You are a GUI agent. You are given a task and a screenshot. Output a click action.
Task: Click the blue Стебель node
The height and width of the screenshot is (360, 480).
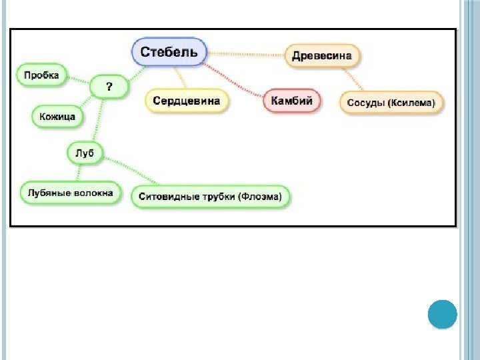(169, 52)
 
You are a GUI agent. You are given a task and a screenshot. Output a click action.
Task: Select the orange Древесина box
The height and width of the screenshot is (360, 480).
(322, 57)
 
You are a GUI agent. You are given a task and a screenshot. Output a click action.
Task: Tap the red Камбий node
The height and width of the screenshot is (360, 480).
(291, 102)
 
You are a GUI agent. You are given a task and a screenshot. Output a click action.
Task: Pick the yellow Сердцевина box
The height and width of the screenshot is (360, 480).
(187, 101)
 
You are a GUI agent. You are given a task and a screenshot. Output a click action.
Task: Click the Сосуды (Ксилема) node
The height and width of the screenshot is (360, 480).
(392, 103)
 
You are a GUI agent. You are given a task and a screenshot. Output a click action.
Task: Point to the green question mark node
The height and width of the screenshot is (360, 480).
(109, 86)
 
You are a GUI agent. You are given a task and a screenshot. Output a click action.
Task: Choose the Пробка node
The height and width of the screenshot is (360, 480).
(41, 75)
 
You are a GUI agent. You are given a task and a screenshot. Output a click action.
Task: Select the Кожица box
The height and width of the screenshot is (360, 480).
(58, 117)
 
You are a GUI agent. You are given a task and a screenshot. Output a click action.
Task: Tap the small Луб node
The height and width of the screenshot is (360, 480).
(85, 154)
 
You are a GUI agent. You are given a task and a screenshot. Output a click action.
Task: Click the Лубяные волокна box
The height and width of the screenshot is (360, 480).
(70, 193)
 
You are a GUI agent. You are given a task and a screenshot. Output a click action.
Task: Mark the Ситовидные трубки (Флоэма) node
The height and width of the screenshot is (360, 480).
(211, 197)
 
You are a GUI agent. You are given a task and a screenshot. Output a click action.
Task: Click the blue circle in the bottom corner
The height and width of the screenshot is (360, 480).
(441, 314)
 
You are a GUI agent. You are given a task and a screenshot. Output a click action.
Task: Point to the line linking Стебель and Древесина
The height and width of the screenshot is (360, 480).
(247, 53)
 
